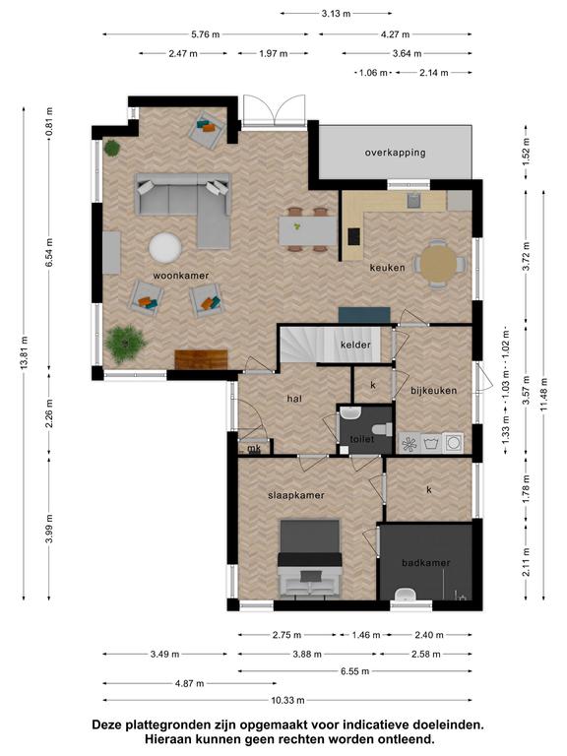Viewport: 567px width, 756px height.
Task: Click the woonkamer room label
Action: [181, 276]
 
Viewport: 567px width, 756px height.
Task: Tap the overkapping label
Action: [395, 153]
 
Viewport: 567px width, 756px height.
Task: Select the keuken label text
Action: [387, 267]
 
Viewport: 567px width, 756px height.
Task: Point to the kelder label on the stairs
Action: [355, 345]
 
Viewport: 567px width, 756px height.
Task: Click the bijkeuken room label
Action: [433, 391]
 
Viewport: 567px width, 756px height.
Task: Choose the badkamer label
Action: [425, 563]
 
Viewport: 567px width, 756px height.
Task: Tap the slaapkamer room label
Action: [296, 496]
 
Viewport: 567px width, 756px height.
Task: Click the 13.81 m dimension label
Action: [25, 353]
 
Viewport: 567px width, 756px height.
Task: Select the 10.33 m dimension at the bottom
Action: [287, 700]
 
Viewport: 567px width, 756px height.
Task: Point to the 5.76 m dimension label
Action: [206, 34]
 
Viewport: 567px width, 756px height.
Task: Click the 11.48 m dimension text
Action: [544, 395]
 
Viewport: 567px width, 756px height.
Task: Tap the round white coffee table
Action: [165, 248]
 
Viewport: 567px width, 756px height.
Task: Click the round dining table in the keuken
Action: [438, 263]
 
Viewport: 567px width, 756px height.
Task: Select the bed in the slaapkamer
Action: [309, 559]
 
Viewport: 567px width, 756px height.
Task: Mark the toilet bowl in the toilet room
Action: [383, 428]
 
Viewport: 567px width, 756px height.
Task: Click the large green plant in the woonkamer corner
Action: [125, 343]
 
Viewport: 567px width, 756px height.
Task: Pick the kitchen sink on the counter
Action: [413, 200]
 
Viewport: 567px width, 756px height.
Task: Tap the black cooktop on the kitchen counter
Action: [354, 236]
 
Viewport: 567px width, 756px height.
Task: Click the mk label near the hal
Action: [254, 449]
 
